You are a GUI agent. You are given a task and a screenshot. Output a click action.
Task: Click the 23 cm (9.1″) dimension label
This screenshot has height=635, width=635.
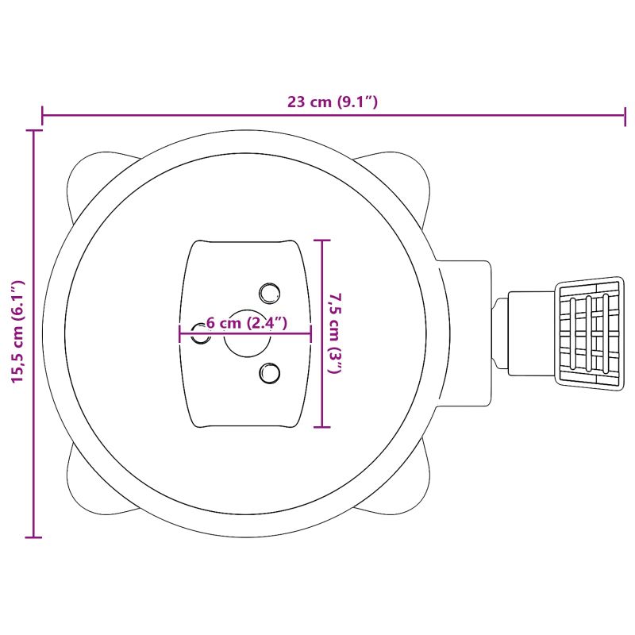(x=333, y=102)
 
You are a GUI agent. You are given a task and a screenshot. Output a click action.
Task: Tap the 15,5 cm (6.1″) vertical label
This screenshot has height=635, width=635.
(x=17, y=331)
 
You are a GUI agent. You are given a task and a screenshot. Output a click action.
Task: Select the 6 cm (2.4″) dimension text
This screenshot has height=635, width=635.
(x=247, y=323)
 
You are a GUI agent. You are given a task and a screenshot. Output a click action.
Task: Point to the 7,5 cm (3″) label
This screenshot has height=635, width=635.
(x=336, y=333)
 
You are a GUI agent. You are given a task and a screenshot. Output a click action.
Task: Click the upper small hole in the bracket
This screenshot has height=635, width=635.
(x=269, y=293)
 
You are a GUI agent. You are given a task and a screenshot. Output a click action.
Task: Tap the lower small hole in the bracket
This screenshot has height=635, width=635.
(x=269, y=373)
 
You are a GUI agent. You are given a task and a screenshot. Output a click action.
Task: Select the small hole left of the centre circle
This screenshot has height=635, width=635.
(x=201, y=333)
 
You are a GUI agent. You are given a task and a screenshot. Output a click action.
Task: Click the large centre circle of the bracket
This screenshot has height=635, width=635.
(x=247, y=333)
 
